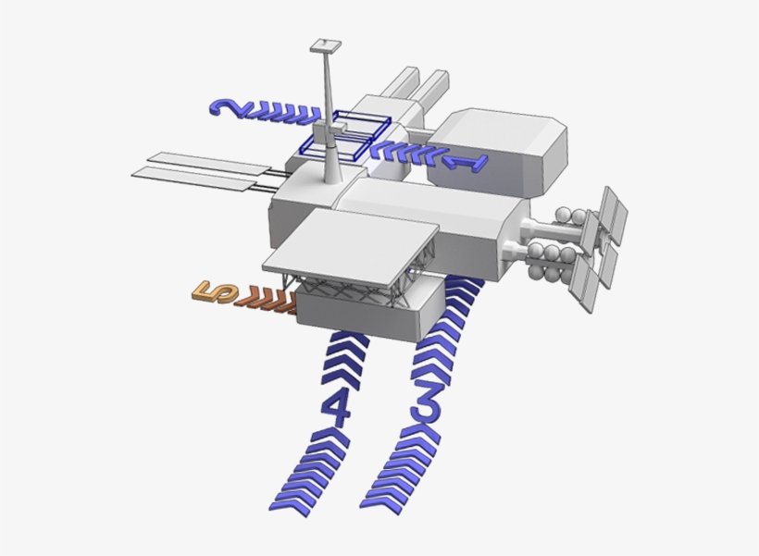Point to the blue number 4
337,408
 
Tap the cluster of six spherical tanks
555,244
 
